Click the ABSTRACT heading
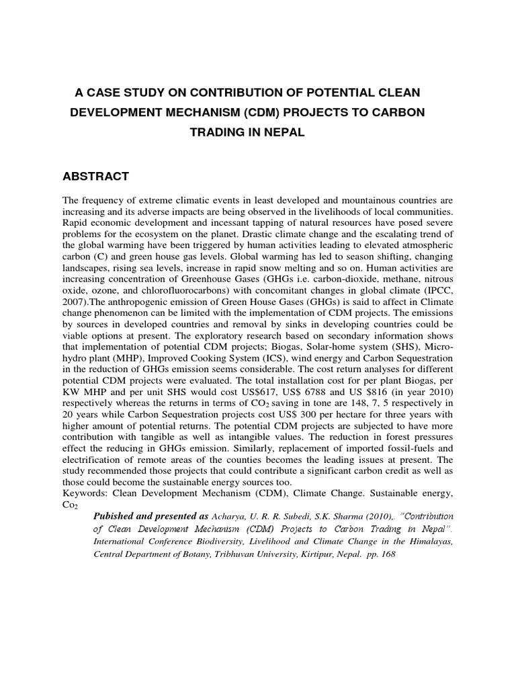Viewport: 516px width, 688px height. tap(95, 177)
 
